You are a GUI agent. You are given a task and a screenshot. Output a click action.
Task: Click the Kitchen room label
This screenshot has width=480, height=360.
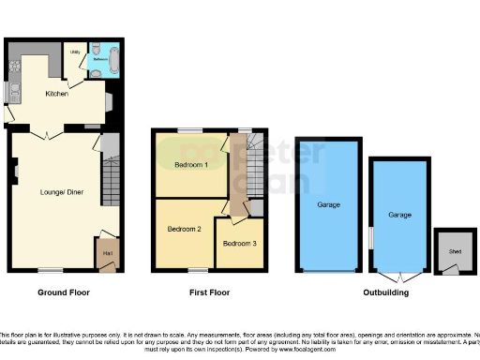pos(57,94)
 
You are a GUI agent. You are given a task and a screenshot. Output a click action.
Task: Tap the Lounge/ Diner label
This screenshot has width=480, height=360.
pos(58,193)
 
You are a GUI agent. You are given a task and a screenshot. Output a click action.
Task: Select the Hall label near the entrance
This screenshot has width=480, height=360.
pos(106,253)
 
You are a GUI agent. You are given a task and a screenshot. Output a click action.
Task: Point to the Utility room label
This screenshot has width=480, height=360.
pos(75,53)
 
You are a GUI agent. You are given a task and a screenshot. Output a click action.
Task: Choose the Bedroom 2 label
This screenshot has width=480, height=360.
pos(185,228)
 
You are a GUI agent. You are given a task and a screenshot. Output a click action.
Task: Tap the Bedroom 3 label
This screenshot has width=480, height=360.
pos(239,244)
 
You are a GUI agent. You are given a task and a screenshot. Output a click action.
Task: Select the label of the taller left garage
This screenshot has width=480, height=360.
pos(328,204)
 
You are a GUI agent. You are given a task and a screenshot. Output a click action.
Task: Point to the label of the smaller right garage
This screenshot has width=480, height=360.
pos(400,216)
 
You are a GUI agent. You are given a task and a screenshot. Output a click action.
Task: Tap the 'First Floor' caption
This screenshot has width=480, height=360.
pos(207,292)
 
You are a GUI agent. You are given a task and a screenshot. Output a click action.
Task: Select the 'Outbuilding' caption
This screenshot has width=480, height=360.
pos(387,292)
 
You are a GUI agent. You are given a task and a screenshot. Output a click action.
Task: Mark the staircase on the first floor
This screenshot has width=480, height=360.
pos(239,165)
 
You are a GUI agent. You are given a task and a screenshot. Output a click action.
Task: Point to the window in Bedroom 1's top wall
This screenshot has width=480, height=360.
pos(191,129)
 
